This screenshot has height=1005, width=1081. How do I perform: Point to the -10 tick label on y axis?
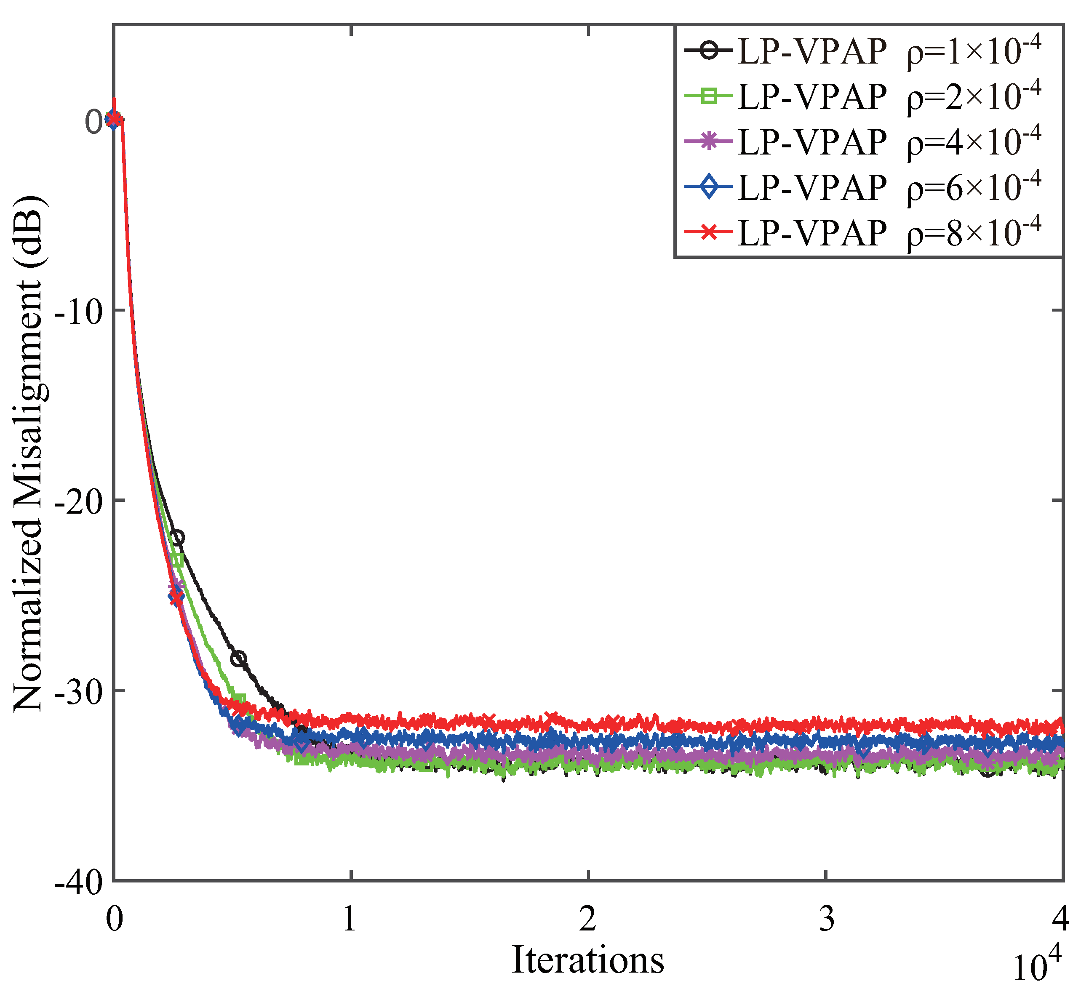[x=79, y=312]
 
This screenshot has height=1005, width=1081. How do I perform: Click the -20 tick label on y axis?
[x=79, y=503]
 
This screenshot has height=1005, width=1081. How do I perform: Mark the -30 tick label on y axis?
[x=79, y=693]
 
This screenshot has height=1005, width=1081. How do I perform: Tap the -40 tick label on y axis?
[x=79, y=883]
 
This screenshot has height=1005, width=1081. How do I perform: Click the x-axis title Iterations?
[x=587, y=960]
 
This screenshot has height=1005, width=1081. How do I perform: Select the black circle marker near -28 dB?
[x=238, y=659]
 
